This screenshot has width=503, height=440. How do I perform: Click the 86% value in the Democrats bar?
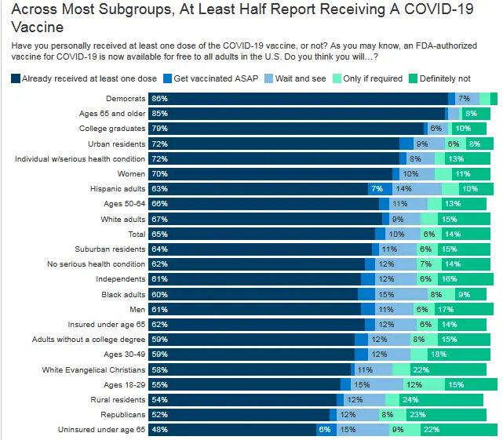tap(160, 98)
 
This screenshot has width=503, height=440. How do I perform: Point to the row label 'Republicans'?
tap(123, 414)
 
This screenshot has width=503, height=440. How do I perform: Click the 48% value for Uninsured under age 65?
tap(160, 430)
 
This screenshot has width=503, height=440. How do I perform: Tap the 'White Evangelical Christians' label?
tap(93, 369)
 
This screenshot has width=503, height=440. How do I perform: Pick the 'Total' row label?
tap(137, 234)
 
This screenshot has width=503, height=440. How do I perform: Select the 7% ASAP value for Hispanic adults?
tap(377, 189)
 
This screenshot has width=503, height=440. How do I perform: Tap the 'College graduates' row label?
tap(112, 128)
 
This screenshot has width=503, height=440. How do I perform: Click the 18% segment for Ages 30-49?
tap(461, 355)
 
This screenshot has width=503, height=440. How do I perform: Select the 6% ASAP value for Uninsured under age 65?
tap(324, 430)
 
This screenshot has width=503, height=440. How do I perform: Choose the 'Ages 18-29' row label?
tap(124, 384)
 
